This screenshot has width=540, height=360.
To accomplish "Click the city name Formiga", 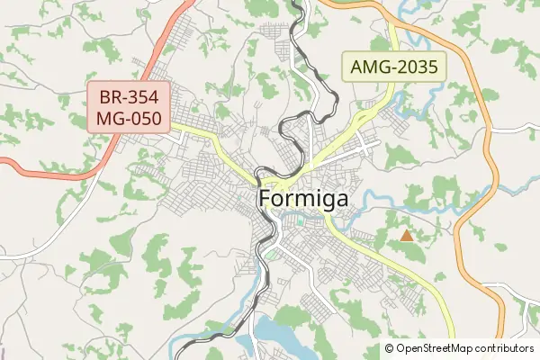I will coord(303,200).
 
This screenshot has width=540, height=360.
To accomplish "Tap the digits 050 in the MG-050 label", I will coord(144,119).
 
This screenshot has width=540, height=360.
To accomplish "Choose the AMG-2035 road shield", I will coord(394,67).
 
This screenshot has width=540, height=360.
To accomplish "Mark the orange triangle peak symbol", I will coord(407,236).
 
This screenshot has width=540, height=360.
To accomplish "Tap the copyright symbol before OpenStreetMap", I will coord(389,347).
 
